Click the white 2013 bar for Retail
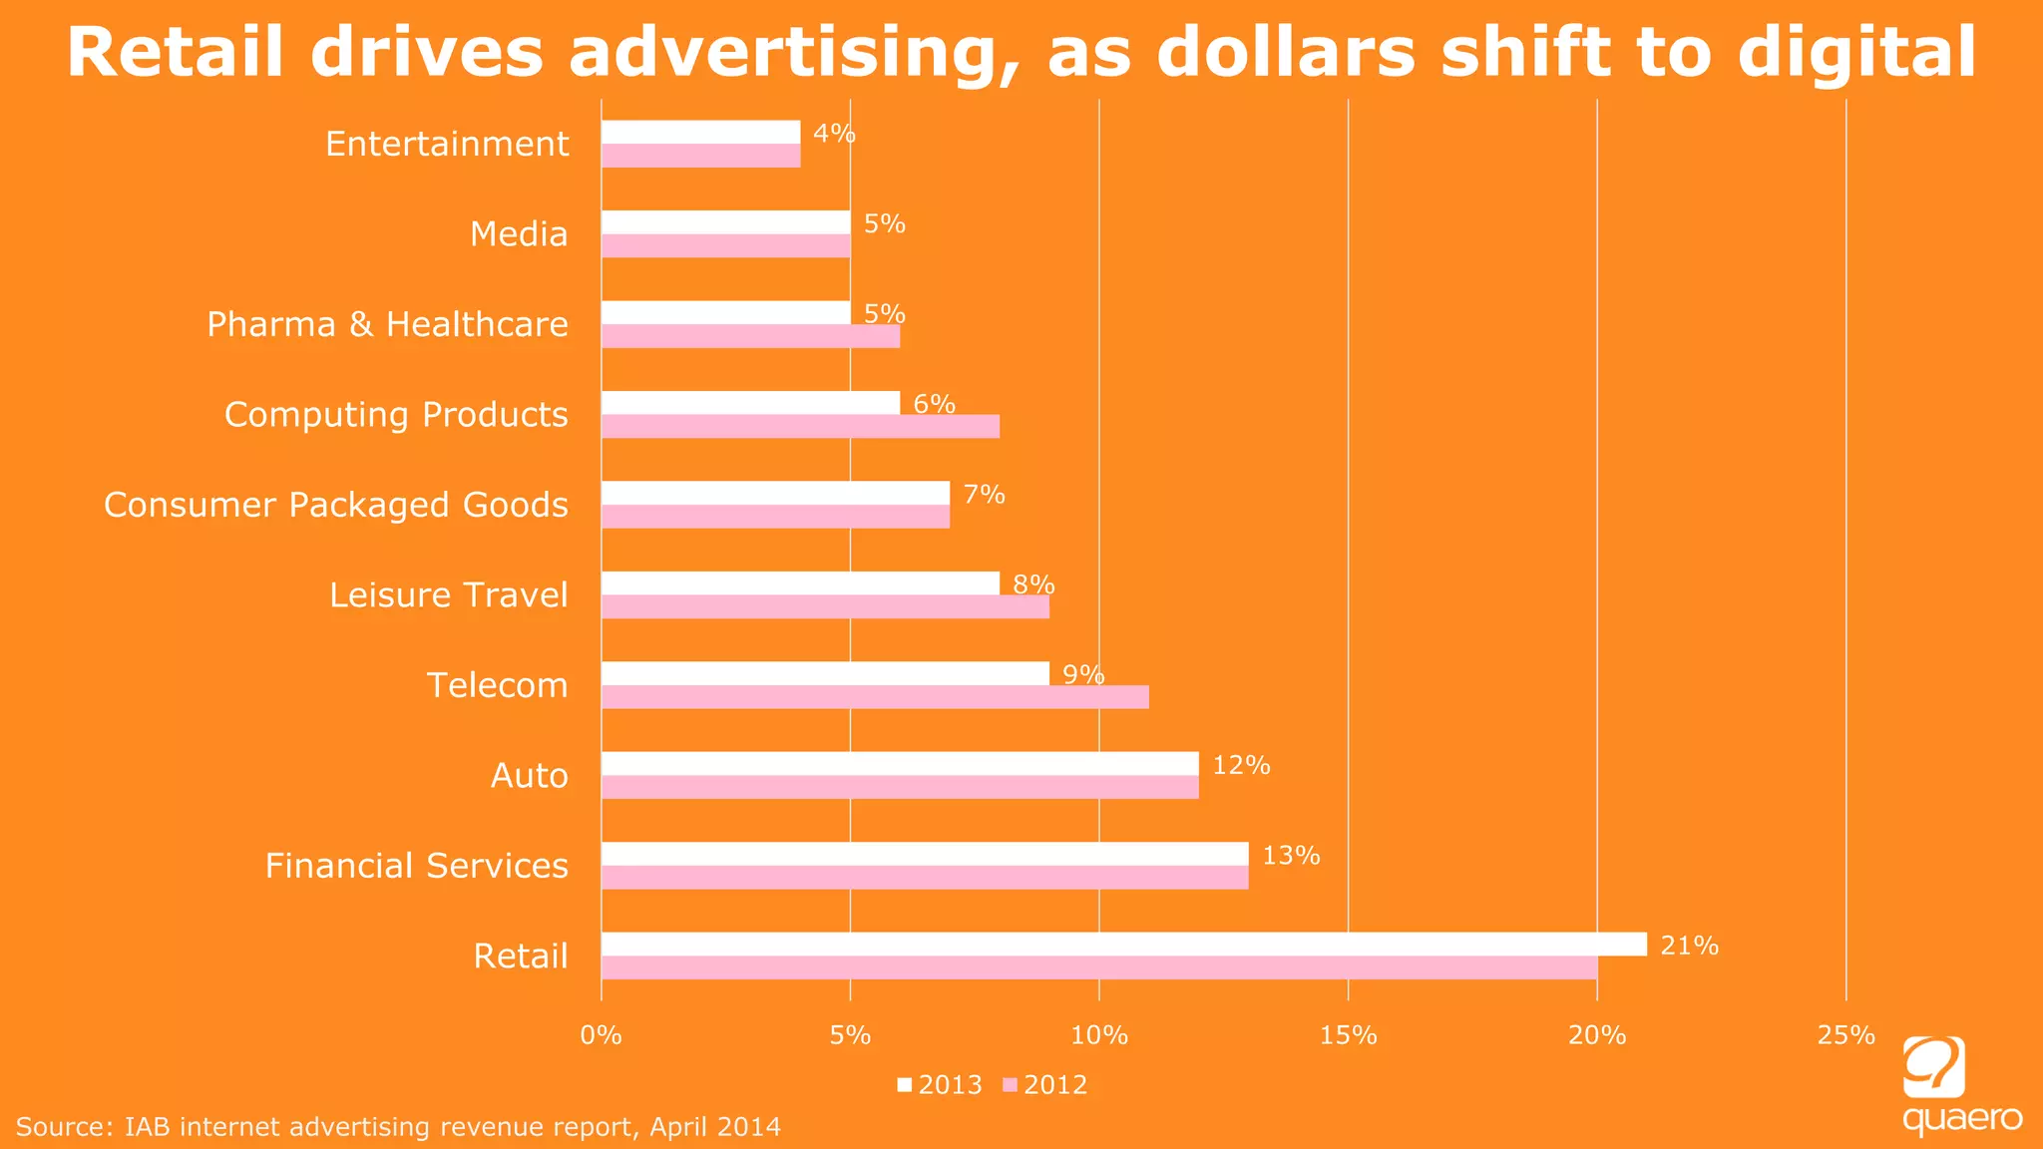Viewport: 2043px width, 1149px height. click(x=1123, y=944)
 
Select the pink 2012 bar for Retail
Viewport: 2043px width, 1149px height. click(x=1098, y=967)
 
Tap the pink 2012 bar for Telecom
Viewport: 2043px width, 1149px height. click(x=875, y=697)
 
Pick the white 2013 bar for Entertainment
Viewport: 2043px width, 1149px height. click(x=700, y=132)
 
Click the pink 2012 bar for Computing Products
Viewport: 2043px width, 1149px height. click(x=800, y=426)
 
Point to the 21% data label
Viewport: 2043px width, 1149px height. click(x=1689, y=946)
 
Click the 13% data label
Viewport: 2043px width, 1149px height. click(x=1291, y=856)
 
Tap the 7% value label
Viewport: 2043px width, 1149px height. click(x=984, y=495)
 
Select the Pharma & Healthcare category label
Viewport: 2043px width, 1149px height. click(x=387, y=324)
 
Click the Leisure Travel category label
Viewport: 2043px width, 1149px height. click(x=448, y=595)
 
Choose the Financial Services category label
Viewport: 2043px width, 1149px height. click(x=416, y=866)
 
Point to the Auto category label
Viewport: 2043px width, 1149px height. click(x=529, y=776)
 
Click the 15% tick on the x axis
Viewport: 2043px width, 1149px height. click(x=1348, y=1035)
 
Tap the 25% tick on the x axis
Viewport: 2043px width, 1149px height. click(x=1845, y=1035)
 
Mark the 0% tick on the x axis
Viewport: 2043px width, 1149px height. click(x=602, y=1035)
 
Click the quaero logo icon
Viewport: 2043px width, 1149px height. click(x=1933, y=1066)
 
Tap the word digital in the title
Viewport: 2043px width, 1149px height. click(x=1856, y=52)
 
